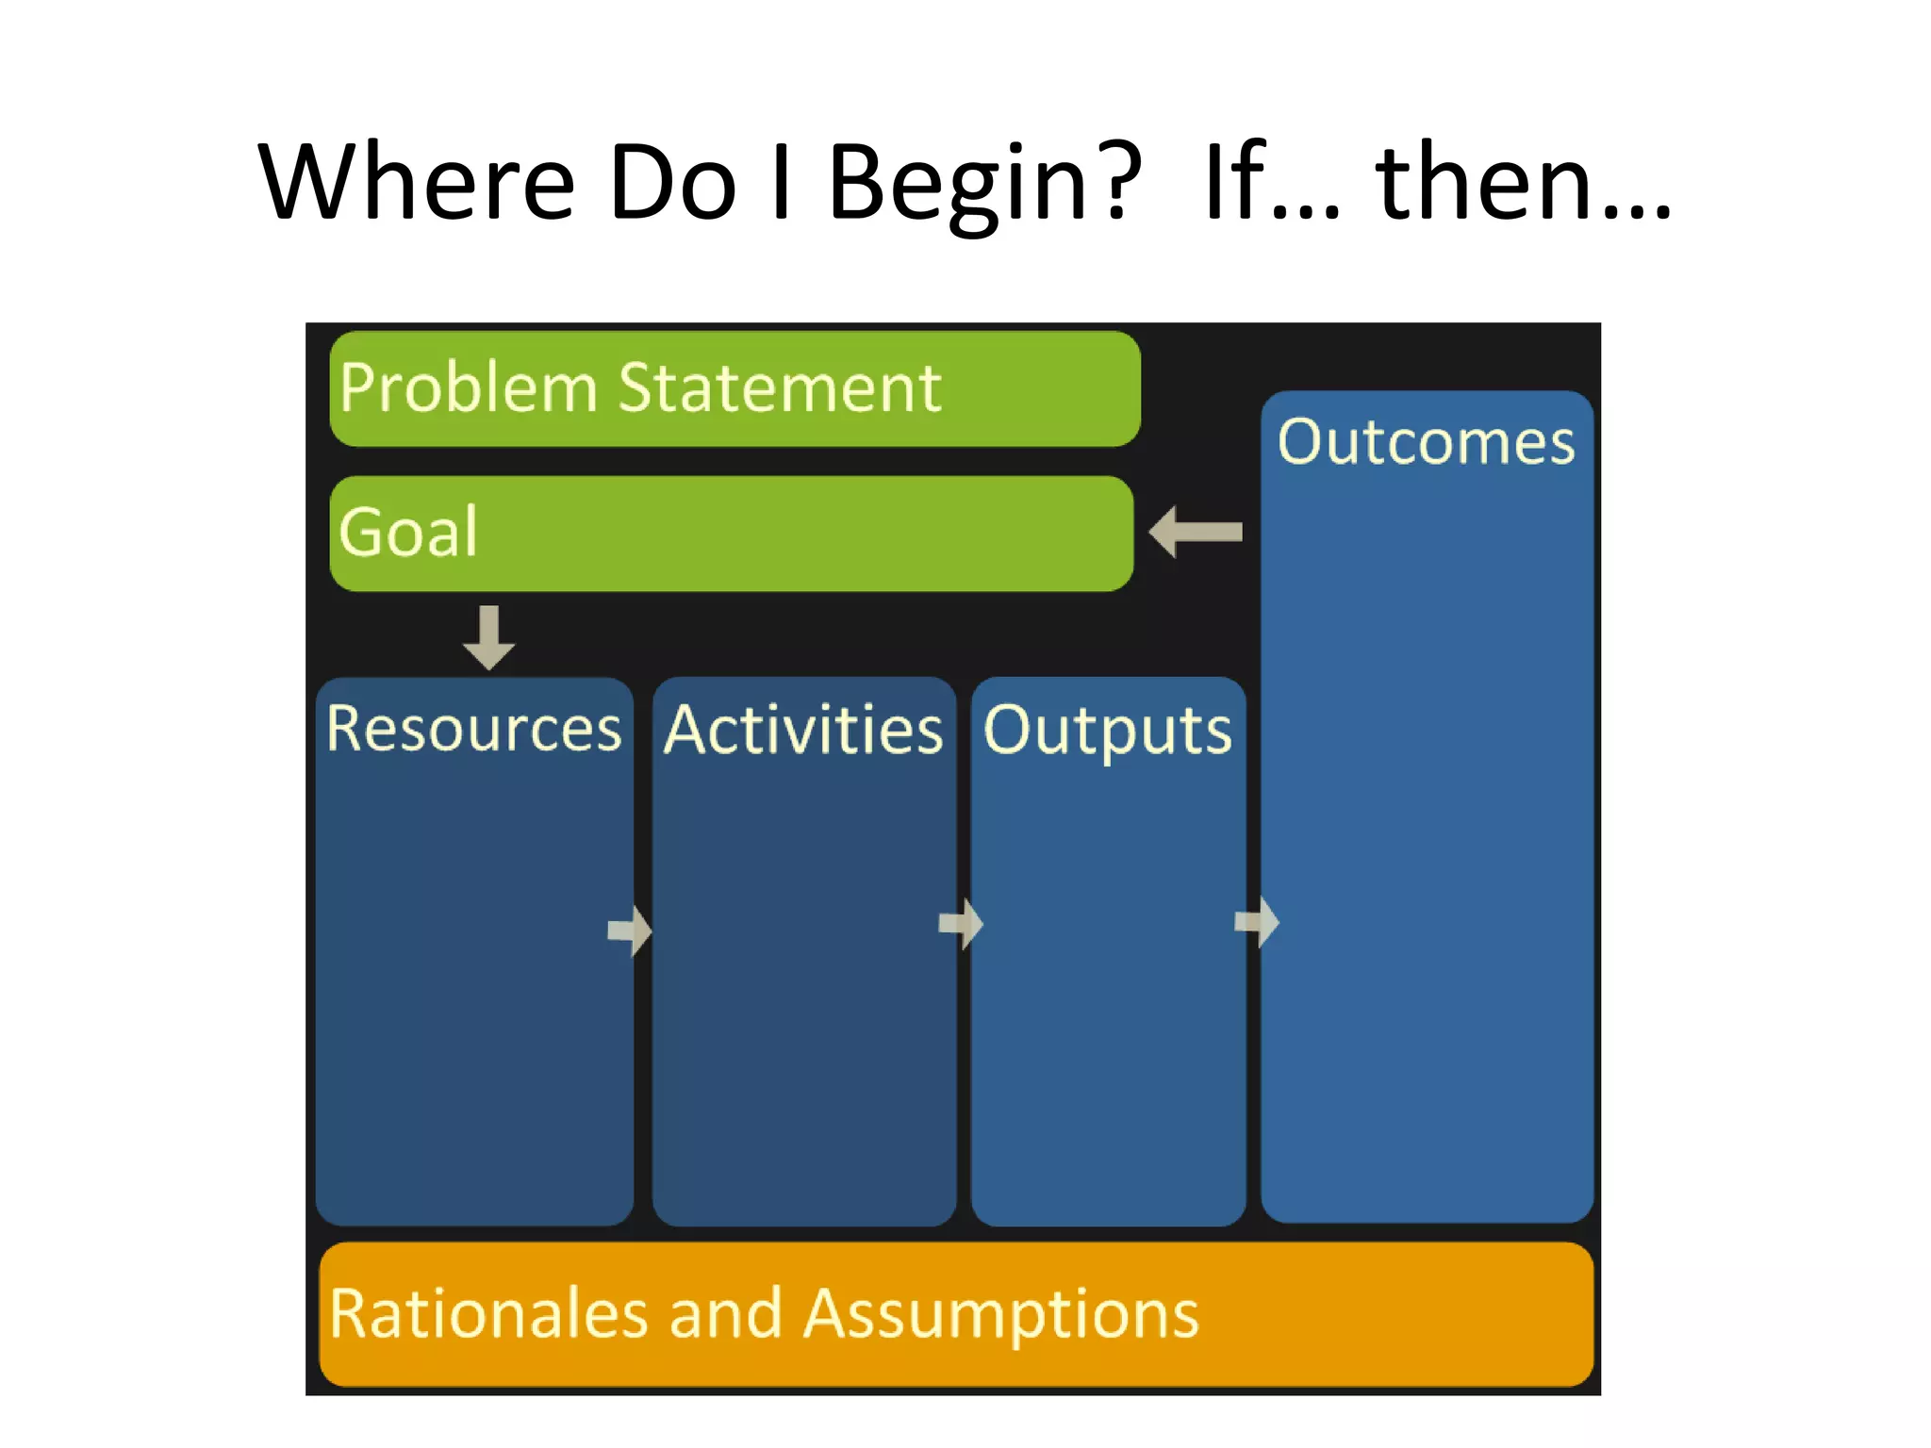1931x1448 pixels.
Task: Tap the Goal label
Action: (x=408, y=533)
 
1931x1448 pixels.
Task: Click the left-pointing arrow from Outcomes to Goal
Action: (x=1196, y=532)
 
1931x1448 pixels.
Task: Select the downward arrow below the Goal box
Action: (x=488, y=637)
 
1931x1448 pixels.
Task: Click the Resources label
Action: (x=473, y=729)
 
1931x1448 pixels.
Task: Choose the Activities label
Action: (x=803, y=731)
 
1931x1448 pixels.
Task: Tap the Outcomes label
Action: (x=1426, y=441)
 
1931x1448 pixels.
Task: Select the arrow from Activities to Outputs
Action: (x=961, y=924)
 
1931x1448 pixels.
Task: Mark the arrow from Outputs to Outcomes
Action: (x=1257, y=921)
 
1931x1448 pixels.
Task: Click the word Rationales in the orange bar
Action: (x=488, y=1313)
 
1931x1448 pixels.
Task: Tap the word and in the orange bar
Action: (x=725, y=1313)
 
